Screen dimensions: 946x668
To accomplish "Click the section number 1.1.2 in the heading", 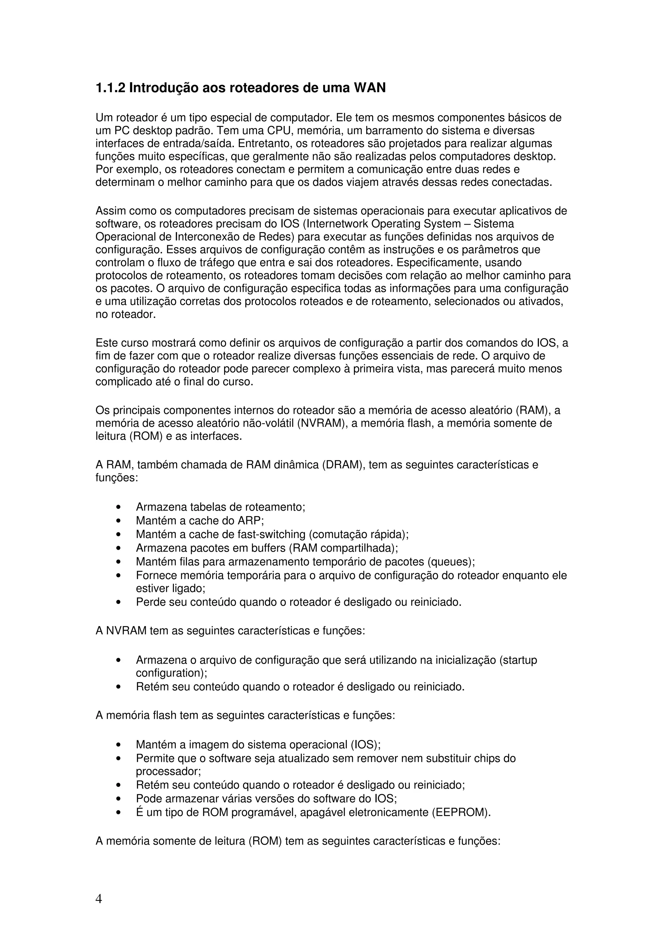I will click(x=110, y=88).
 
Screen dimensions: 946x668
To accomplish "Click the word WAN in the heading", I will click(x=369, y=88).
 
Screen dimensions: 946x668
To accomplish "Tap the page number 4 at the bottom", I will click(x=99, y=899).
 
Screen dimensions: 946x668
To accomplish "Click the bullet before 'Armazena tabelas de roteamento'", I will click(x=118, y=507).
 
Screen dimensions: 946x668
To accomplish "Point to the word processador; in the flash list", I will click(x=168, y=771).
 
